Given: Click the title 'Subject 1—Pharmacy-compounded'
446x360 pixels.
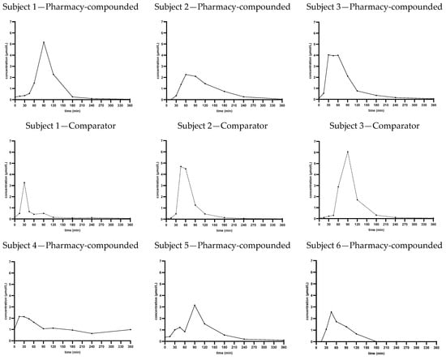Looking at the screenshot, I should [x=73, y=7].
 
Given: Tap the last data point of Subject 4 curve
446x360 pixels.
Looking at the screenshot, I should [x=131, y=329].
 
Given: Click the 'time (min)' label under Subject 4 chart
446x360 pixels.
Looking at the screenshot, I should [x=73, y=350].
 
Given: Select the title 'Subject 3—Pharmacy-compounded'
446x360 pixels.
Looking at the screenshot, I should [x=374, y=7].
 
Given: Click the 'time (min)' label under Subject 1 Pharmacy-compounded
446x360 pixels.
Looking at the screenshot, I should [x=73, y=109].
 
